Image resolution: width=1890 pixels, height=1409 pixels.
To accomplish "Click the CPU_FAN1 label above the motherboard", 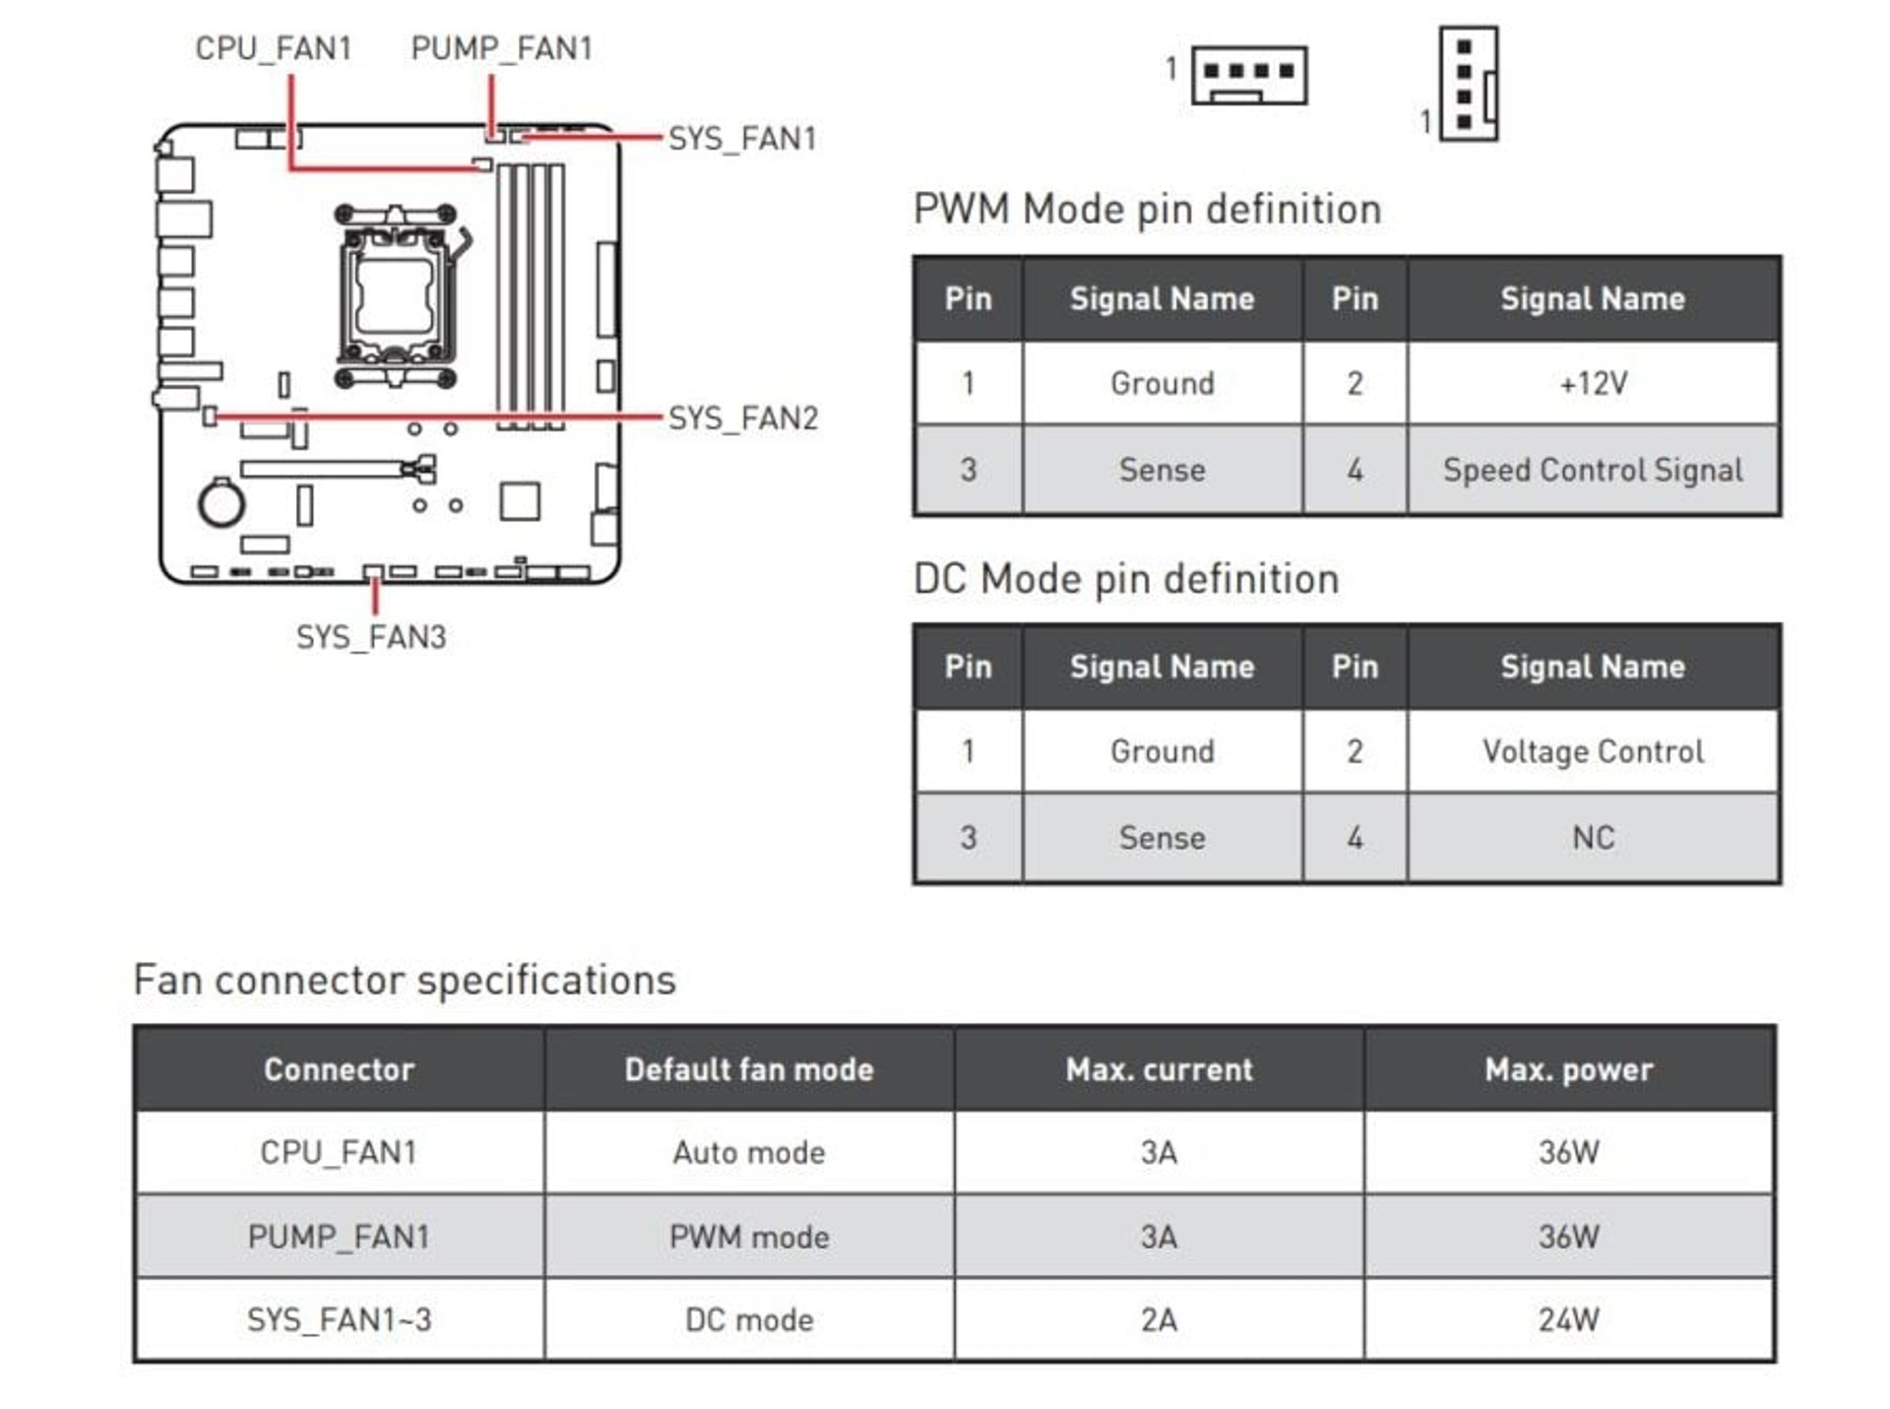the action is pyautogui.click(x=273, y=48).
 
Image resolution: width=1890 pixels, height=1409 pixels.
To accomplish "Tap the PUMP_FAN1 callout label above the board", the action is pyautogui.click(x=501, y=48).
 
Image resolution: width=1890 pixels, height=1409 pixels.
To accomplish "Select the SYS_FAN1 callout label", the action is pyautogui.click(x=742, y=139).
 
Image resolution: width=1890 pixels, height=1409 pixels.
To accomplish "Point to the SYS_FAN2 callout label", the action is pyautogui.click(x=743, y=418).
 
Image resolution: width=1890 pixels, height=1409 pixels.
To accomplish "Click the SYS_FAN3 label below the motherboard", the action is pyautogui.click(x=371, y=637).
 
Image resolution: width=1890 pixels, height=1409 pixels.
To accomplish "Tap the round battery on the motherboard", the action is pyautogui.click(x=221, y=503).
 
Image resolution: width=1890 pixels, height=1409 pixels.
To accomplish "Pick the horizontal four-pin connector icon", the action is pyautogui.click(x=1249, y=75).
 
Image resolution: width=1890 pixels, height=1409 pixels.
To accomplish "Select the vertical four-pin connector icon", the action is pyautogui.click(x=1469, y=84).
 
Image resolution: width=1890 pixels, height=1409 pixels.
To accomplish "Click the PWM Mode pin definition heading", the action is pyautogui.click(x=1147, y=210).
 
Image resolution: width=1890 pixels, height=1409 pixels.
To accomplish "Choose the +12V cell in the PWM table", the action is pyautogui.click(x=1593, y=383).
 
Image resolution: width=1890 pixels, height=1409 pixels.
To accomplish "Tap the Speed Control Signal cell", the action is pyautogui.click(x=1593, y=470).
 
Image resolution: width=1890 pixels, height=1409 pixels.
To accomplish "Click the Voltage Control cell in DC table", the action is pyautogui.click(x=1593, y=751).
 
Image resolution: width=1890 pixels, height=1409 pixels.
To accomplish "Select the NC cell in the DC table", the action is pyautogui.click(x=1593, y=838).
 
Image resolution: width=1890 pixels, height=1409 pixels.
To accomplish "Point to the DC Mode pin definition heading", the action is pyautogui.click(x=1126, y=579).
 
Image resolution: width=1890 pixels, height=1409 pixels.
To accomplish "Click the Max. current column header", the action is pyautogui.click(x=1159, y=1069).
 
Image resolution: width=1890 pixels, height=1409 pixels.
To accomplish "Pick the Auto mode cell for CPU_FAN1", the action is pyautogui.click(x=749, y=1152).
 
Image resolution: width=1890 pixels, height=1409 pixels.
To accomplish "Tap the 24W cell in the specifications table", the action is pyautogui.click(x=1569, y=1319).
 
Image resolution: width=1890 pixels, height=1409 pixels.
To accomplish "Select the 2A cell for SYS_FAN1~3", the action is pyautogui.click(x=1159, y=1319).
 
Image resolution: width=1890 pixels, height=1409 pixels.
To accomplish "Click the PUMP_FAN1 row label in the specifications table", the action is pyautogui.click(x=339, y=1237).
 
